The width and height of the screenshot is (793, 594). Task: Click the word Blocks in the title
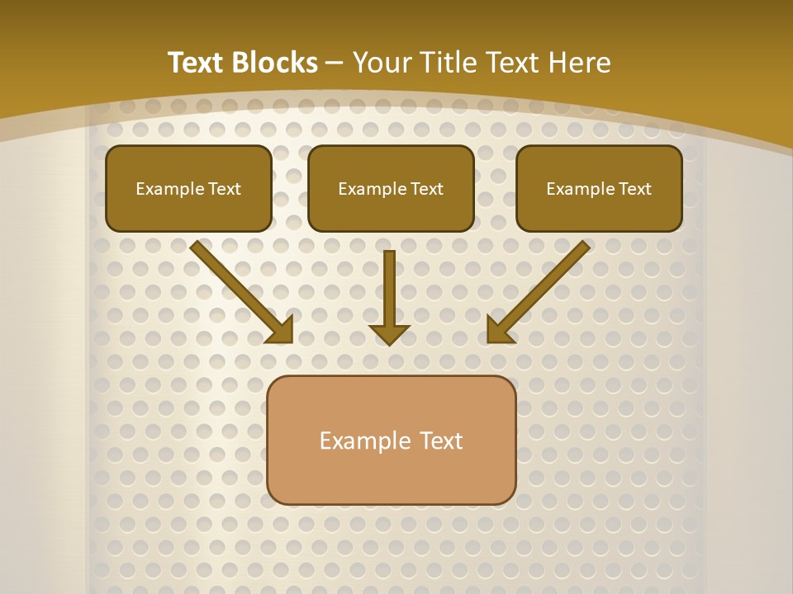tap(275, 63)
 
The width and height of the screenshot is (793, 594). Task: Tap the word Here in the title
tap(580, 63)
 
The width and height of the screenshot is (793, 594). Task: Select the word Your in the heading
tap(382, 63)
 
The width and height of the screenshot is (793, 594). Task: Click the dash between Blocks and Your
tap(335, 64)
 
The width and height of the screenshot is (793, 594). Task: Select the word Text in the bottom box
tap(441, 441)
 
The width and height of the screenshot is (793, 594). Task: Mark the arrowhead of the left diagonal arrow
tap(283, 332)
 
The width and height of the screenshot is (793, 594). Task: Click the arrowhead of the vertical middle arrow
tap(389, 334)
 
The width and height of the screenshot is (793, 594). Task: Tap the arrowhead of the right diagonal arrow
tap(499, 332)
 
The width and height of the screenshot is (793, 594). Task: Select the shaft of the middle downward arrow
tap(389, 285)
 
